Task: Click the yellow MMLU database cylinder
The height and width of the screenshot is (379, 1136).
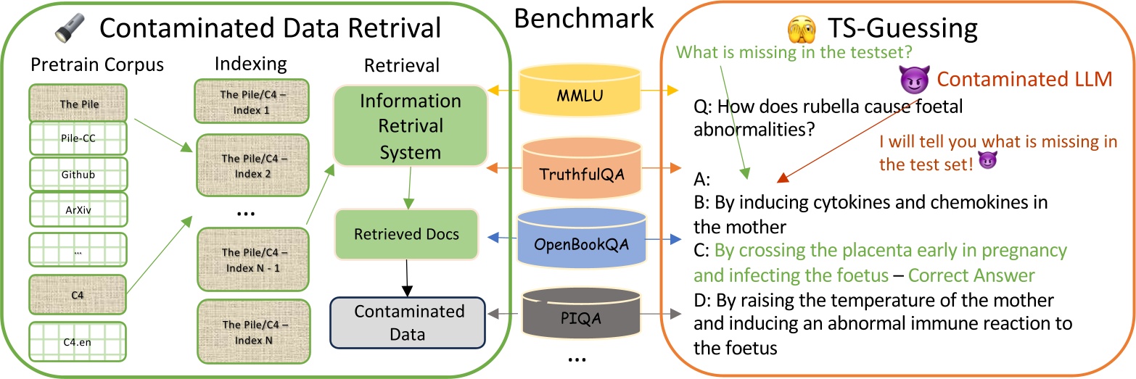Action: (x=583, y=96)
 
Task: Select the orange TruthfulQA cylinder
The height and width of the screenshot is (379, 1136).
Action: (x=583, y=172)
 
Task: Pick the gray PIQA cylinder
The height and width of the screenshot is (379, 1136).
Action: (x=584, y=317)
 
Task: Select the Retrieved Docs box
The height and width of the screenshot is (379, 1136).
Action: (x=406, y=234)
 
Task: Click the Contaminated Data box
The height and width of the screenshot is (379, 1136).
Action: (x=408, y=322)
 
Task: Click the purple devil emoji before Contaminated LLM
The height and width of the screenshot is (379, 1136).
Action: (x=910, y=78)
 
